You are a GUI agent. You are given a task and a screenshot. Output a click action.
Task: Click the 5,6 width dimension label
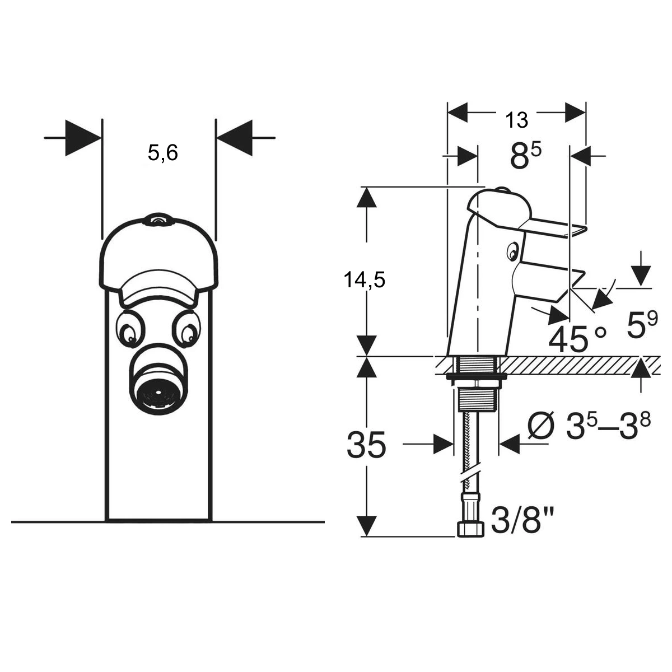(x=163, y=153)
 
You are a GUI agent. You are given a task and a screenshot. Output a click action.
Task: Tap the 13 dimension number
(x=516, y=120)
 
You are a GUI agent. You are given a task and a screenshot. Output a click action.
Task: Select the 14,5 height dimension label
(x=365, y=279)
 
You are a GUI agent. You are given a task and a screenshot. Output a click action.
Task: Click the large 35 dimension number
(x=366, y=445)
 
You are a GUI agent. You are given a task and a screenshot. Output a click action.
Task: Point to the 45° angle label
(x=577, y=339)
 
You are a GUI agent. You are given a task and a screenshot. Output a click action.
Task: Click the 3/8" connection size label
(x=522, y=520)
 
